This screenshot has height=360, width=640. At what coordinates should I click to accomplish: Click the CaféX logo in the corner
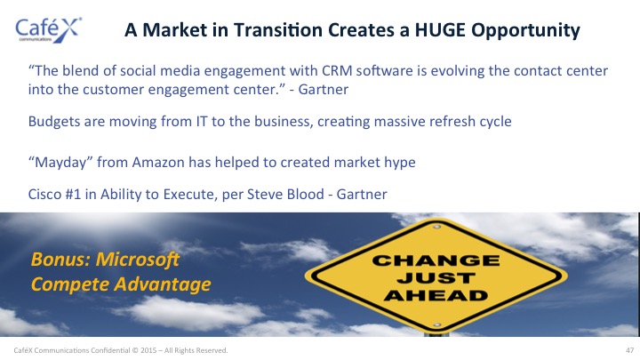tap(49, 30)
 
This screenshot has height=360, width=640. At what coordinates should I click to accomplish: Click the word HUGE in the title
tap(440, 30)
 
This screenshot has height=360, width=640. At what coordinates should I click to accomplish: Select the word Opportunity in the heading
tap(525, 31)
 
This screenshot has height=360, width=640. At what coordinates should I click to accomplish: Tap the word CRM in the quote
tap(337, 70)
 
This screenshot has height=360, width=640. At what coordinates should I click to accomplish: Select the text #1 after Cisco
tap(73, 194)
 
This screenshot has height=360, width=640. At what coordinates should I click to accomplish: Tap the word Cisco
tap(44, 194)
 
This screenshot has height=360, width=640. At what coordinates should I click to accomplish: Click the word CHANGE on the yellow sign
tap(436, 260)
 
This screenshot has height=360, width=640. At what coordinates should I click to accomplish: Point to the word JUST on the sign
tap(436, 278)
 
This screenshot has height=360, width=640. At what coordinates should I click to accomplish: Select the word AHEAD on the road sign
tap(436, 295)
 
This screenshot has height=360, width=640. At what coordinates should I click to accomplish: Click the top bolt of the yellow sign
tap(436, 227)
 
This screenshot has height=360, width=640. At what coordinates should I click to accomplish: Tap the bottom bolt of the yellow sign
tap(436, 325)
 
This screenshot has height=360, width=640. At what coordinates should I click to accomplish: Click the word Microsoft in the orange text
tap(137, 260)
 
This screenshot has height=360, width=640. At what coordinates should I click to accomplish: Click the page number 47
tap(630, 350)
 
